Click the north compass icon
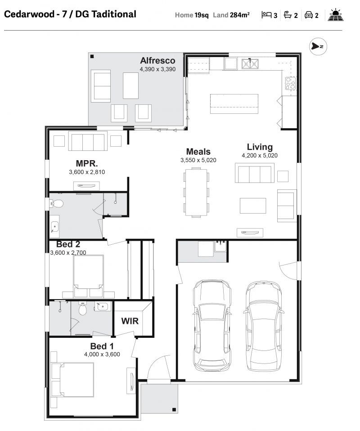(x=318, y=46)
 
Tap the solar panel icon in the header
(x=336, y=15)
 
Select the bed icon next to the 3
(x=266, y=14)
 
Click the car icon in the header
(x=309, y=15)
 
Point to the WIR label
(x=130, y=321)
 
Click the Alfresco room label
(x=157, y=60)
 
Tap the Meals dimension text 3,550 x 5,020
(x=198, y=160)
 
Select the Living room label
(x=260, y=147)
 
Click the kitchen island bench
(x=234, y=103)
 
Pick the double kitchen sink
(x=250, y=64)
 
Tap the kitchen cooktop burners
(x=290, y=83)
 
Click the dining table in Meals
(x=196, y=193)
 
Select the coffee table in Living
(x=253, y=206)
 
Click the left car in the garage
(x=212, y=326)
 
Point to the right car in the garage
(x=263, y=326)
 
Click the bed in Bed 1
(x=73, y=380)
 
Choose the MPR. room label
(x=87, y=164)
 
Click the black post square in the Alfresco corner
(x=92, y=57)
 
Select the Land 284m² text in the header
(x=231, y=15)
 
